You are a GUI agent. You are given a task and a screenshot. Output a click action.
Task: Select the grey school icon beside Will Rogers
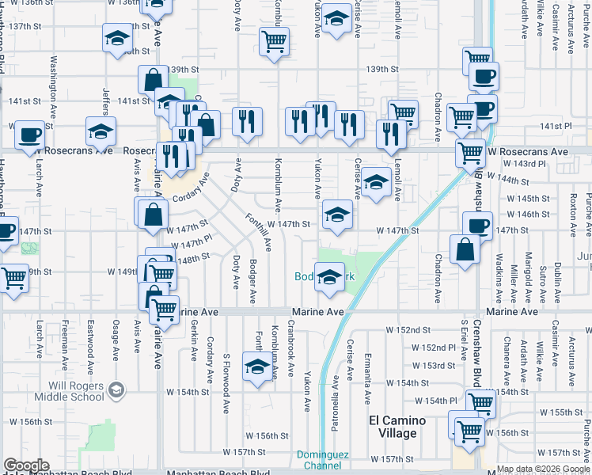tap(116, 389)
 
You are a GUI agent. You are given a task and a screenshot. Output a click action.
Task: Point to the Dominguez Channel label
tap(323, 459)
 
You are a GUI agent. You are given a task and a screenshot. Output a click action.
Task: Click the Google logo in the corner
tap(26, 465)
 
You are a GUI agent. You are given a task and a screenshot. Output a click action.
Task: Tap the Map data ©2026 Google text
tap(544, 469)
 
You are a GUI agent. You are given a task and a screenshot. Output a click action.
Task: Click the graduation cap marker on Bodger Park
tap(329, 277)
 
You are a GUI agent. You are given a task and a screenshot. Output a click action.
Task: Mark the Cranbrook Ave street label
tap(291, 348)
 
